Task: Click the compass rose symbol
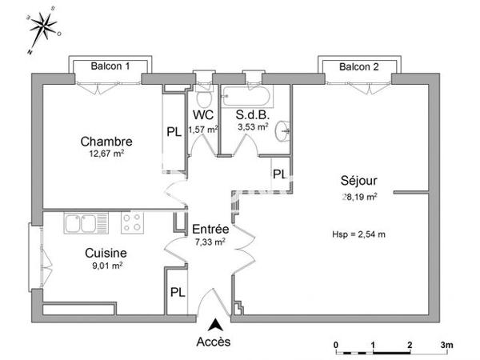(41, 31)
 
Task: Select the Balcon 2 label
(358, 66)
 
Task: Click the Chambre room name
(106, 142)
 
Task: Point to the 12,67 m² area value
(106, 154)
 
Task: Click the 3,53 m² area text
(252, 127)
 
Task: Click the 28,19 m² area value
(359, 194)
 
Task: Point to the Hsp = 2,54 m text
(358, 234)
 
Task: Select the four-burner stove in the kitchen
(132, 221)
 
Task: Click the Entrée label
(208, 229)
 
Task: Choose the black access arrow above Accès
(214, 325)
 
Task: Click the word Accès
(214, 342)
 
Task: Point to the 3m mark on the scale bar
(446, 345)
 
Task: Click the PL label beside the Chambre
(174, 133)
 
